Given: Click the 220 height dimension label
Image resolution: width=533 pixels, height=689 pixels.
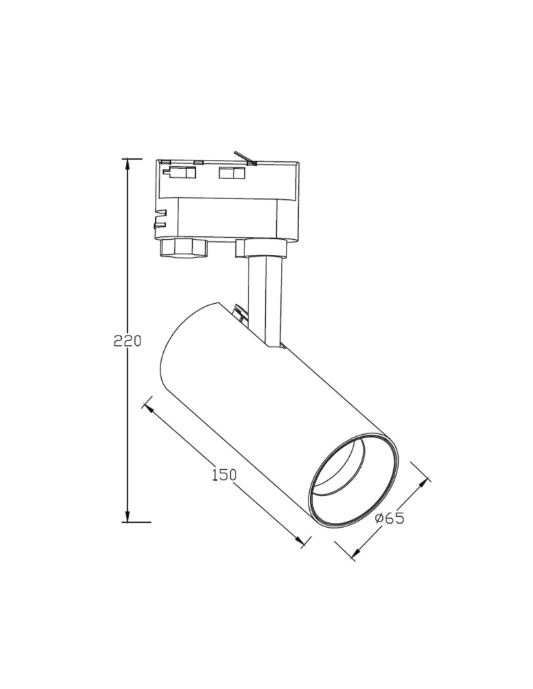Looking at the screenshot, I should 127,340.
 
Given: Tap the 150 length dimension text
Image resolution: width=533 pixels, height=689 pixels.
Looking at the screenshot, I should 224,474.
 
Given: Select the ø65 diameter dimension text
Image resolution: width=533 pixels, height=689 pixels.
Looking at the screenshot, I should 390,518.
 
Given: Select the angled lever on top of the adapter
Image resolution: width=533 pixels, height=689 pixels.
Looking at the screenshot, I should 244,158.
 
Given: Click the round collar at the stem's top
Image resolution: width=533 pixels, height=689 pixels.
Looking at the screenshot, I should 261,248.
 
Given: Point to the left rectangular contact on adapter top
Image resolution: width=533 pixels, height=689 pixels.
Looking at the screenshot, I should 180,173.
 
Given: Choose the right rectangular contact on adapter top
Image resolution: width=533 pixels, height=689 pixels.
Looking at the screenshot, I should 231,174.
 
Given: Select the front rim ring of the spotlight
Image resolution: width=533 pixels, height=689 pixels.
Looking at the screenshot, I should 353,482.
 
